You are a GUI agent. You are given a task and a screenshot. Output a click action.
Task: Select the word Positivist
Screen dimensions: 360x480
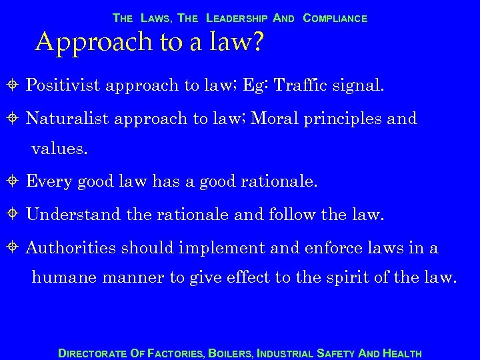64,85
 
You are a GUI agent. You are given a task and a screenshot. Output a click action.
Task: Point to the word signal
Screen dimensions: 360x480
358,85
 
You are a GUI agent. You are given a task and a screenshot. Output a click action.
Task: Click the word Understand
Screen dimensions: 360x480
71,215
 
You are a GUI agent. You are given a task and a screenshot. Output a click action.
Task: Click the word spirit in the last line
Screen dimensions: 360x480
361,278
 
